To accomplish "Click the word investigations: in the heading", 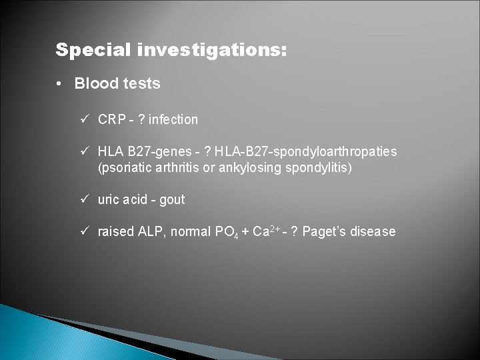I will tap(213, 50).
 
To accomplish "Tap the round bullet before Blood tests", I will tap(60, 84).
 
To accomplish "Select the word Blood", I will tap(94, 84).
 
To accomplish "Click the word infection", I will tap(173, 120).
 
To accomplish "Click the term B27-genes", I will tap(154, 152).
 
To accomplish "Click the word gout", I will tap(172, 200).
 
